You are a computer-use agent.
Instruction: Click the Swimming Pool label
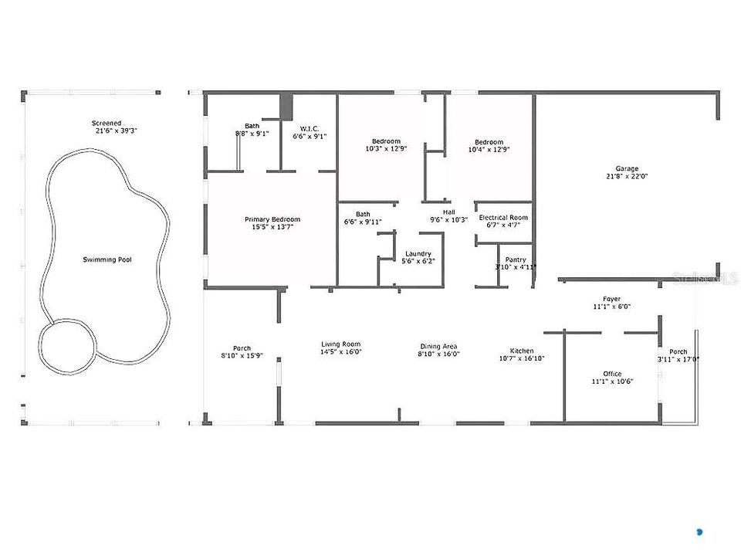[x=107, y=259]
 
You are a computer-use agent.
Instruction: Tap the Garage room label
[x=627, y=168]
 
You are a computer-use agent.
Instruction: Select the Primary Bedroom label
[x=272, y=219]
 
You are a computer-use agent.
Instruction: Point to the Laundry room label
[x=418, y=254]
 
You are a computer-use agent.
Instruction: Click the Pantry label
[x=516, y=259]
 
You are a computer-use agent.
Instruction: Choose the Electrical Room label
[x=503, y=218]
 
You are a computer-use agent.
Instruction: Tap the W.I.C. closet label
[x=310, y=129]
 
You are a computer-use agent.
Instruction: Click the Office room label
[x=612, y=374]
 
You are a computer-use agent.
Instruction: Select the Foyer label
[x=611, y=299]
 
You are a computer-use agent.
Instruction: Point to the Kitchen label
[x=522, y=351]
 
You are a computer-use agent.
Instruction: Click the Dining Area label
[x=438, y=346]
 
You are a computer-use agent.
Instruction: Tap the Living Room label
[x=340, y=344]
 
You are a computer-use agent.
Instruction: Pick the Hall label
[x=449, y=212]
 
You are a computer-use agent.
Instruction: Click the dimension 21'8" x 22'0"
[x=627, y=176]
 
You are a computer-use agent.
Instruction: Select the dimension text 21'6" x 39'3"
[x=116, y=131]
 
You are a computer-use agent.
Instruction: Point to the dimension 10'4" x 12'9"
[x=489, y=150]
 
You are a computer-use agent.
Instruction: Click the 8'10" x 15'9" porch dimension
[x=242, y=355]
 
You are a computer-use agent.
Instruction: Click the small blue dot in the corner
[x=700, y=532]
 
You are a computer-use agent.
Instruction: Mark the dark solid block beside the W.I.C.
[x=286, y=107]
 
